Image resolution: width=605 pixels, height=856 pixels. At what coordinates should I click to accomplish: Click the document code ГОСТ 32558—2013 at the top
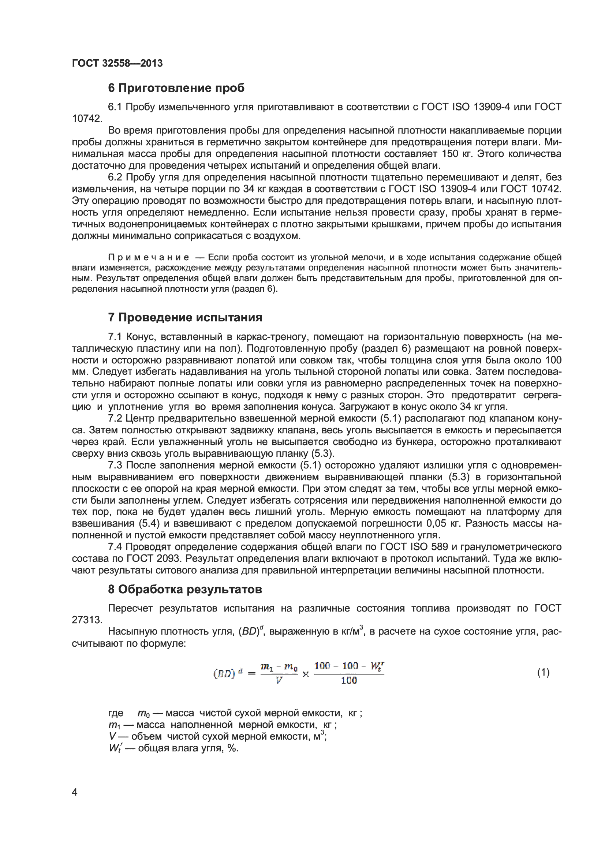click(117, 63)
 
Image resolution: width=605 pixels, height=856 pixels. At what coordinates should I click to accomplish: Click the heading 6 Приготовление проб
click(176, 88)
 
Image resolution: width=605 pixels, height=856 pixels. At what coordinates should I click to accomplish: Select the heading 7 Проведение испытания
click(185, 317)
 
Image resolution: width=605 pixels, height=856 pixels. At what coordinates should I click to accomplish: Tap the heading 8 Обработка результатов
click(185, 589)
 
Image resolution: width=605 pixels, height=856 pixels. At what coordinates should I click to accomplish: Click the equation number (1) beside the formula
click(543, 672)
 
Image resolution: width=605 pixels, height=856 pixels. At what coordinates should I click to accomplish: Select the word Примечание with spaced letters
click(148, 257)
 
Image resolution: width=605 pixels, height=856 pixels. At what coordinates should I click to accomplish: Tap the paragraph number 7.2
click(115, 418)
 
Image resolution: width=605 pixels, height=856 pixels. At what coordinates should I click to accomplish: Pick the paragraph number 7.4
click(115, 547)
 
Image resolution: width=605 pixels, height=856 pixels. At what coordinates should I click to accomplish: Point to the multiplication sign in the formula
click(306, 674)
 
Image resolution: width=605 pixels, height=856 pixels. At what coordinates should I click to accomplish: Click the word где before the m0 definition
click(116, 713)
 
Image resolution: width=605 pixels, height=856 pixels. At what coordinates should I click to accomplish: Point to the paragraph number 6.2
click(115, 177)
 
